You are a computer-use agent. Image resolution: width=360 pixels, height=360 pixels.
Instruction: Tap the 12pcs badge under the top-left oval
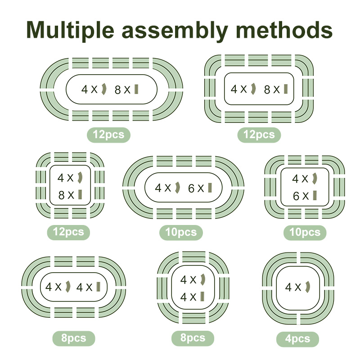click(x=108, y=135)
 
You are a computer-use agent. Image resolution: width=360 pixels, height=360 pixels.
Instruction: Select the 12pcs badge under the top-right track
click(x=259, y=135)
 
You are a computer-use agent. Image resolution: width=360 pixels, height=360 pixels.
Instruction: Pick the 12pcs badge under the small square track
click(x=68, y=232)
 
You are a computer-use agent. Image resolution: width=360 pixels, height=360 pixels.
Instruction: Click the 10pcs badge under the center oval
click(x=181, y=232)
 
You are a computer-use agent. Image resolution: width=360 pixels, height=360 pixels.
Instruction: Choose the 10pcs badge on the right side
click(x=305, y=232)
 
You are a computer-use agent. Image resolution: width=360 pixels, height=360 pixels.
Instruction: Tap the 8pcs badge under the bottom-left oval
click(x=74, y=338)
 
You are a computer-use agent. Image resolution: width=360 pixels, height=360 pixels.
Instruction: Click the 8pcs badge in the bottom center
click(x=193, y=338)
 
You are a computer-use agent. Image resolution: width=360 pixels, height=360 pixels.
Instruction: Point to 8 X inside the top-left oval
click(x=122, y=90)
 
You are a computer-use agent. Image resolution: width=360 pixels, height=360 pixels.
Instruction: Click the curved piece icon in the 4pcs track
click(x=309, y=287)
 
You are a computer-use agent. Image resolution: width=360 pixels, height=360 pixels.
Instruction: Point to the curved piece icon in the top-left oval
click(x=103, y=89)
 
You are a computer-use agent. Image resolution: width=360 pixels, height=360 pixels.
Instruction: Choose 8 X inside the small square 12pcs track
click(x=65, y=194)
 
